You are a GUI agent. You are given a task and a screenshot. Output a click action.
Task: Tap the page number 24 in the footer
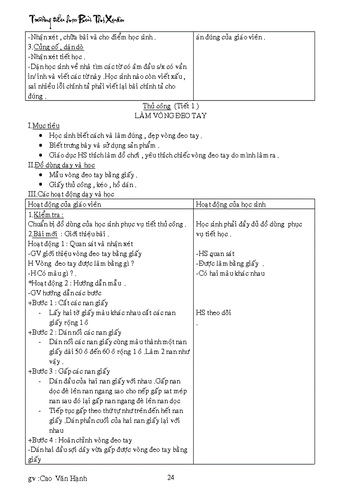[x=171, y=477]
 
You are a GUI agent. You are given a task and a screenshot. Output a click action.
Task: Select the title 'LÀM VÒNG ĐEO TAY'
[x=170, y=116]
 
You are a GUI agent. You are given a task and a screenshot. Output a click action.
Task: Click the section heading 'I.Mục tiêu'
[x=44, y=126]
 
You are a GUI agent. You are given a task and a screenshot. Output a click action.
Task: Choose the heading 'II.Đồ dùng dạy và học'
[x=61, y=165]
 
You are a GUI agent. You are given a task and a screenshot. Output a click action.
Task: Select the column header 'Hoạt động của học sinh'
[x=231, y=205]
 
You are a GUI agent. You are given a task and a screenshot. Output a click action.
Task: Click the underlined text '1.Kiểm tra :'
[x=45, y=215]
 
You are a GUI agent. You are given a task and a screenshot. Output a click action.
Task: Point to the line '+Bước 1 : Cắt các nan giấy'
[x=68, y=303]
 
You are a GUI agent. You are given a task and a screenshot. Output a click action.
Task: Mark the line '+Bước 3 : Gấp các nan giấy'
[x=69, y=372]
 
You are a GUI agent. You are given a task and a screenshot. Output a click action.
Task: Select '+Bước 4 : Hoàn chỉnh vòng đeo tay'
[x=80, y=440]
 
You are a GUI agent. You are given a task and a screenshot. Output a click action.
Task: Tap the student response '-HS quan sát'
[x=215, y=253]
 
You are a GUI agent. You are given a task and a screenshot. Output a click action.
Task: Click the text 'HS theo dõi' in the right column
[x=214, y=313]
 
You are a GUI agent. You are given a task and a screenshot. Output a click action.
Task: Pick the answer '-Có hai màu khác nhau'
[x=230, y=273]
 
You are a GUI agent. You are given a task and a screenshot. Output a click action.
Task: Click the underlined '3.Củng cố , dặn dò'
[x=56, y=47]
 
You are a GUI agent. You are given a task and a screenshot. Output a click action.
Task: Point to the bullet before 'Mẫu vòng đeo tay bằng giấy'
[x=41, y=175]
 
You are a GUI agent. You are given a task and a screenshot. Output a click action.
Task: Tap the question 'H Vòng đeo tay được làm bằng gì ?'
[x=81, y=264]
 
